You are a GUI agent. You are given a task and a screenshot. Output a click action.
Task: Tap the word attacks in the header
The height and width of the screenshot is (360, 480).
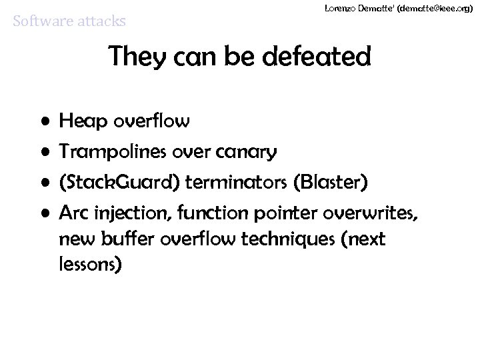click(100, 22)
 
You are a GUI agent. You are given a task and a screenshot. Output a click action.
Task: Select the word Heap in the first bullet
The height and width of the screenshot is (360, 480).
click(80, 121)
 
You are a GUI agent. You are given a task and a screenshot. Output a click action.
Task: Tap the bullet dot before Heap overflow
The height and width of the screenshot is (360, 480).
click(44, 123)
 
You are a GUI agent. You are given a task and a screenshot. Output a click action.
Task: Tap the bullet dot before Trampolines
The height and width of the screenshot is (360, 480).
click(44, 153)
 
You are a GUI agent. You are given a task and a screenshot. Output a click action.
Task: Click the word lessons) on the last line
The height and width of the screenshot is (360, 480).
click(90, 265)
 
